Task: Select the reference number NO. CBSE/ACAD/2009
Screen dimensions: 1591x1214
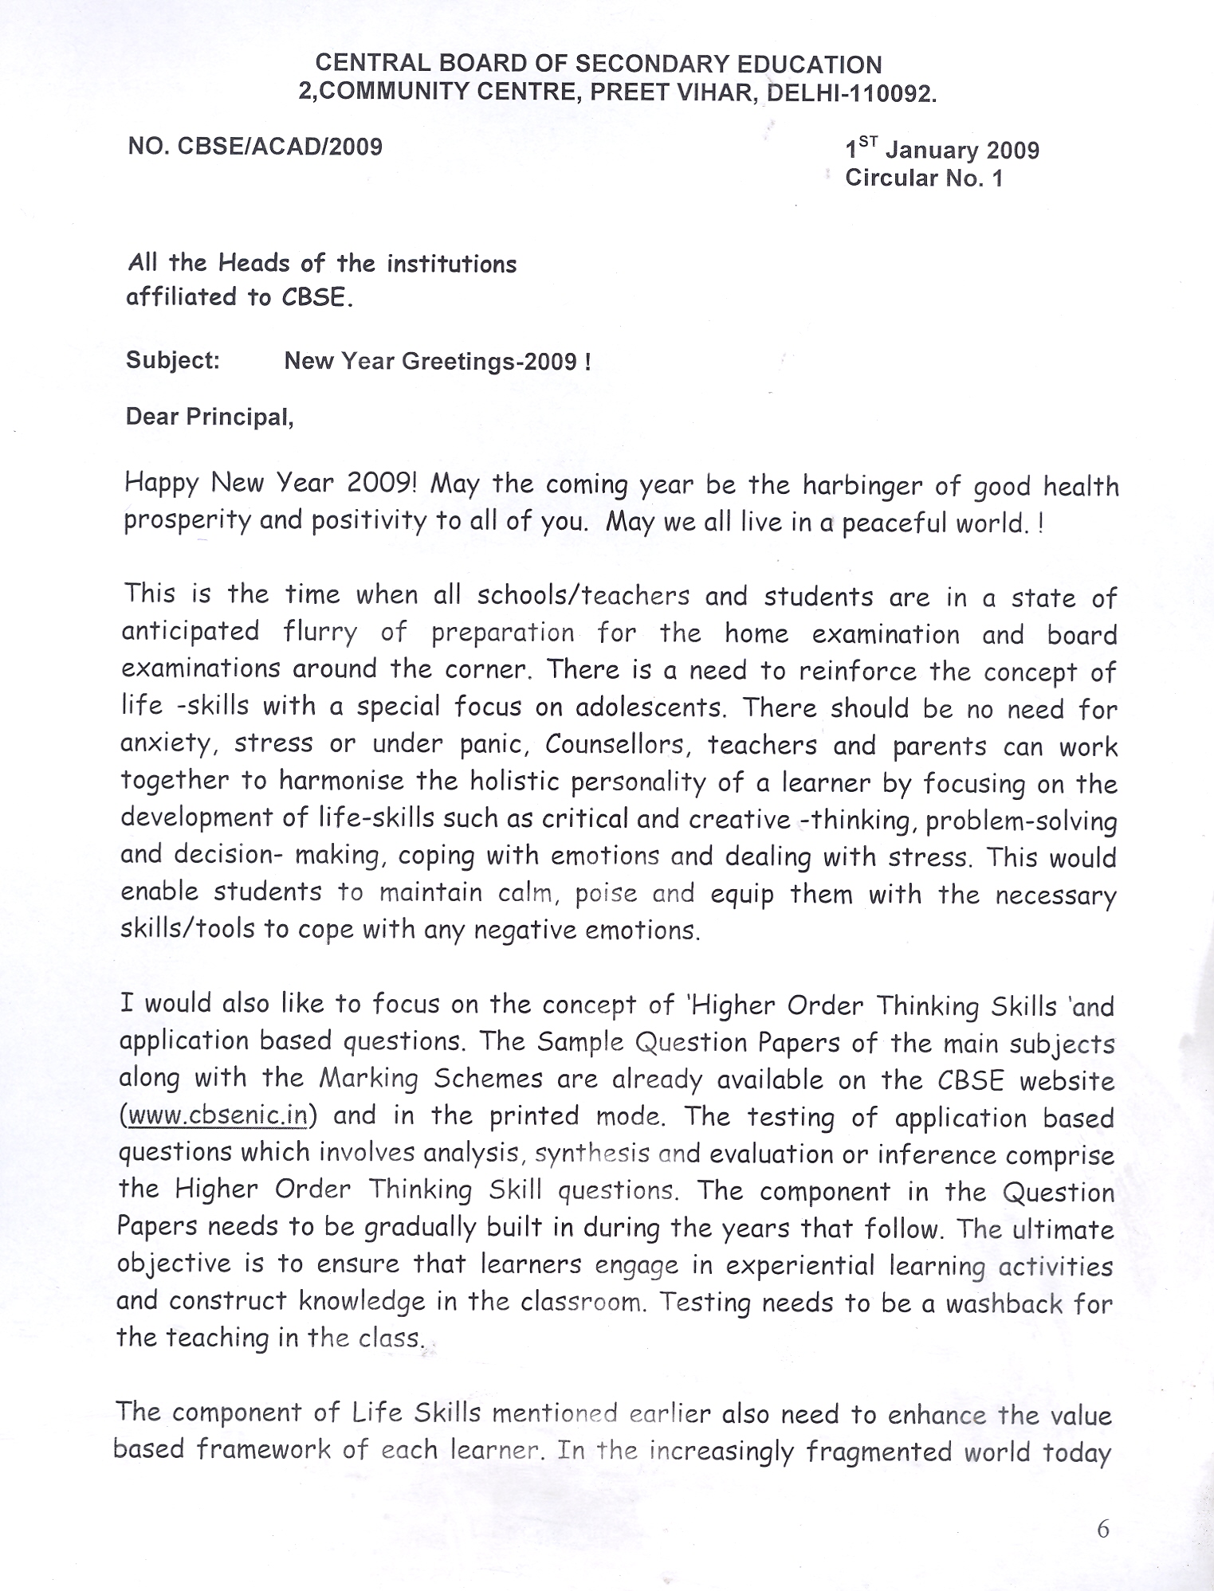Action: (255, 147)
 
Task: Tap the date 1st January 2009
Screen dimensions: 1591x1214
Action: (942, 150)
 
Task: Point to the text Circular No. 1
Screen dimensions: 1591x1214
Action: (924, 178)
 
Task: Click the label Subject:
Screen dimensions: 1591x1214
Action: (172, 360)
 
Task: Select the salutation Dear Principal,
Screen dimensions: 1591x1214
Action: (210, 417)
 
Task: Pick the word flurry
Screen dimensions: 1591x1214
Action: (320, 633)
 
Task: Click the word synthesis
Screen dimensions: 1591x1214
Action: (591, 1154)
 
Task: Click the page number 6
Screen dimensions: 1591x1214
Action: (1103, 1529)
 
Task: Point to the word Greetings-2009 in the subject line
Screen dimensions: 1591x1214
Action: (489, 362)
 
